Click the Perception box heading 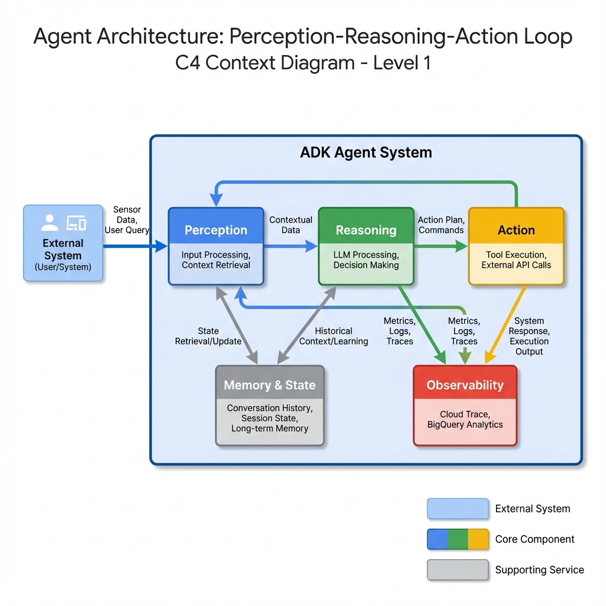tap(216, 230)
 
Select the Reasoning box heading tap(366, 230)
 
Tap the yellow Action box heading tap(516, 230)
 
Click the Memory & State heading tap(269, 385)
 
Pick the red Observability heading tap(465, 385)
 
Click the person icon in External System tap(50, 223)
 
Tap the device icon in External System tap(76, 223)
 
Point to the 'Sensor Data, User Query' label tap(127, 220)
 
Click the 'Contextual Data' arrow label tap(291, 225)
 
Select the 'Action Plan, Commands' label tap(441, 225)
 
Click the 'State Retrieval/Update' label tap(208, 336)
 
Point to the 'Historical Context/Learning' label tap(333, 336)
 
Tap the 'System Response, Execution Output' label tap(529, 336)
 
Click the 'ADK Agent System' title tap(366, 153)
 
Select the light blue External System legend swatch tap(457, 509)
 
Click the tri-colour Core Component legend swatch tap(457, 539)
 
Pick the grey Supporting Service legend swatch tap(457, 570)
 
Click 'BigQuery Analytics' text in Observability tap(465, 424)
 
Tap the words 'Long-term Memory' tap(269, 428)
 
